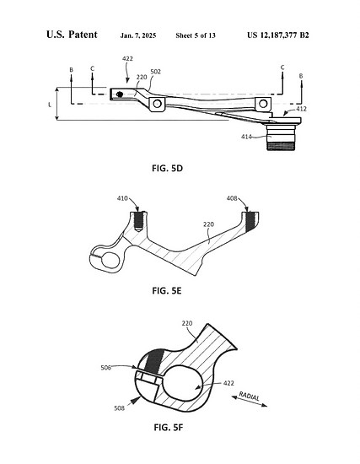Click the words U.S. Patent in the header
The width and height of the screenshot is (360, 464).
click(72, 35)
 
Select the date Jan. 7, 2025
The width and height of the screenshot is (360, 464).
click(138, 35)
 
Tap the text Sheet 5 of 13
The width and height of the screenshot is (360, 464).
click(196, 35)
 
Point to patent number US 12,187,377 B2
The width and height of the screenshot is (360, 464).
click(278, 35)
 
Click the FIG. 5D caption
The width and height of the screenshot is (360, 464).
click(167, 169)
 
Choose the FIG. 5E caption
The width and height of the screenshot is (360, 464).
click(167, 291)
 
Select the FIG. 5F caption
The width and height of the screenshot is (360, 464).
click(169, 428)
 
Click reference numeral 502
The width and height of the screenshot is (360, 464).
click(156, 72)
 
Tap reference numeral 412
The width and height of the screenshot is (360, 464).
click(302, 109)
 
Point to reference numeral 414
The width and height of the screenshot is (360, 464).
click(246, 137)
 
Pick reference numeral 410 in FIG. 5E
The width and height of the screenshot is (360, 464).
click(122, 198)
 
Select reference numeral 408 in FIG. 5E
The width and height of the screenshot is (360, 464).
click(232, 198)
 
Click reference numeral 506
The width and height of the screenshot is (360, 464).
click(106, 368)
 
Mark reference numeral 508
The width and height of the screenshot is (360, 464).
click(120, 408)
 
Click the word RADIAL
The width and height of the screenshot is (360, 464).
click(250, 396)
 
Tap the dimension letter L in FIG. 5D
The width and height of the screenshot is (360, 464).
click(50, 105)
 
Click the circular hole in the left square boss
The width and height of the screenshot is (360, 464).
click(157, 104)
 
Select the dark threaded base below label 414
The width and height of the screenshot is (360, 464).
click(281, 146)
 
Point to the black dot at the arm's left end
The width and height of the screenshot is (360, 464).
click(120, 94)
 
